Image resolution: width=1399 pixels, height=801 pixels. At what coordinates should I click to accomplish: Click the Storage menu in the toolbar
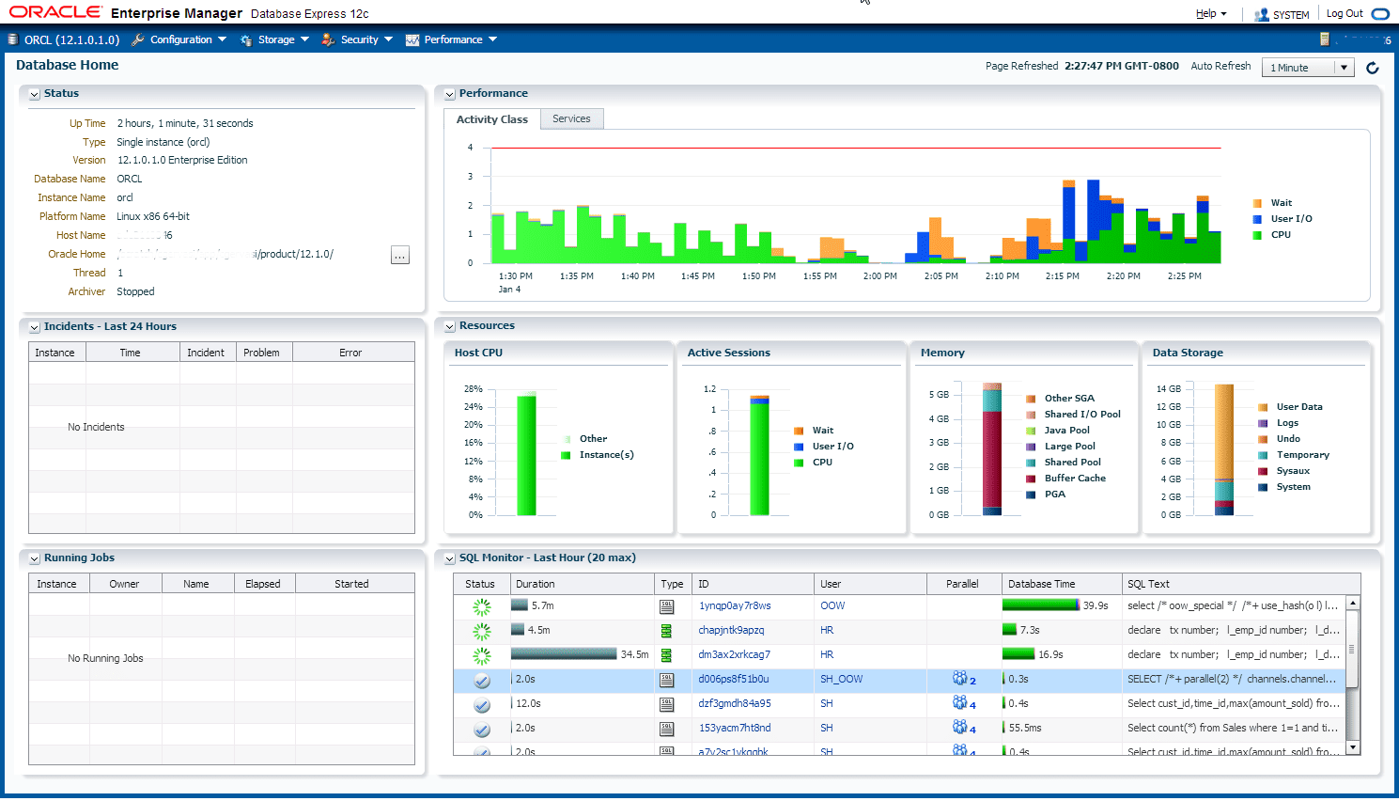click(x=275, y=39)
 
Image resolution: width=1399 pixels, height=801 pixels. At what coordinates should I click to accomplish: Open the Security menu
click(x=358, y=39)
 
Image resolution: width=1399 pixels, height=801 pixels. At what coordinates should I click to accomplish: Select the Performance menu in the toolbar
click(x=452, y=39)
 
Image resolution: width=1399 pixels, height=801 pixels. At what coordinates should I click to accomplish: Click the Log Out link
click(x=1345, y=13)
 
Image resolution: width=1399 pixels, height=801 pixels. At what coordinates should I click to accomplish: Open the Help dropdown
click(x=1210, y=13)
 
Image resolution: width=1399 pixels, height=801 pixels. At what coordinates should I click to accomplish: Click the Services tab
click(x=571, y=118)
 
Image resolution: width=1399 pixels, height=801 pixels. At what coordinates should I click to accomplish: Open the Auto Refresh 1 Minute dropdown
click(x=1309, y=68)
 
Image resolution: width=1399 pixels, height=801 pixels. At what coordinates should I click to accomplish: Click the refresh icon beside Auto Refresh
click(x=1373, y=68)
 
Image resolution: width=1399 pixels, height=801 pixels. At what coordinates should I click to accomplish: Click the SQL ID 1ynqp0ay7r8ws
click(x=735, y=605)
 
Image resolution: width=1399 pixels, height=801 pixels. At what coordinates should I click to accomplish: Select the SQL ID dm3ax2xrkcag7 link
click(x=734, y=654)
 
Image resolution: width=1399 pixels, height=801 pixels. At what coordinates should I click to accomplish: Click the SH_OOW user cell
click(x=841, y=679)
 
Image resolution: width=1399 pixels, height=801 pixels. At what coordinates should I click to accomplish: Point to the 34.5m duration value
click(x=634, y=654)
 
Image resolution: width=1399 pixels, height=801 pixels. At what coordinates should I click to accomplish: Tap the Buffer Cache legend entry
click(x=1075, y=478)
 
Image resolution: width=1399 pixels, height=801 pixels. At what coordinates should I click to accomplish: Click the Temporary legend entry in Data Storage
click(x=1302, y=454)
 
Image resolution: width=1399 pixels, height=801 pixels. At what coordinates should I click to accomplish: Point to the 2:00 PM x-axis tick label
click(x=879, y=276)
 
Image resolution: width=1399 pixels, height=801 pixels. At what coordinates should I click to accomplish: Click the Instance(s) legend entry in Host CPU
click(x=606, y=454)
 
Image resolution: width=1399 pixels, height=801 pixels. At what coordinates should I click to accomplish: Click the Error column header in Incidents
click(x=350, y=353)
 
